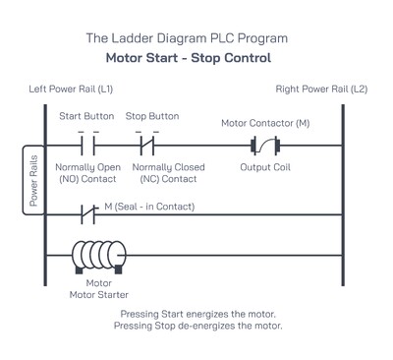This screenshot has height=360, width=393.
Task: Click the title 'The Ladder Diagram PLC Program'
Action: click(x=187, y=38)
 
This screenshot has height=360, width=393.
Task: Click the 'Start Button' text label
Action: click(x=87, y=116)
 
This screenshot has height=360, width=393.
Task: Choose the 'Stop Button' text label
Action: click(x=152, y=116)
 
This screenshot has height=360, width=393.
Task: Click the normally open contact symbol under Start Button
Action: click(x=87, y=148)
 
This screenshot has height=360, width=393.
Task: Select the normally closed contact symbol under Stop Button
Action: click(x=148, y=148)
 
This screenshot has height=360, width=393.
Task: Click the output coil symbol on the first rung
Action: click(x=265, y=148)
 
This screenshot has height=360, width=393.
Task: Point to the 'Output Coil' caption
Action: click(x=265, y=167)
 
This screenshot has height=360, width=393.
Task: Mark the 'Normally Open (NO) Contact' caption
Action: click(x=87, y=173)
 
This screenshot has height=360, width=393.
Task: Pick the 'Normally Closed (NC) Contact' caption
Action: click(x=168, y=173)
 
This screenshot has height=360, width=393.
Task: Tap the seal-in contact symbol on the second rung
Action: click(x=87, y=212)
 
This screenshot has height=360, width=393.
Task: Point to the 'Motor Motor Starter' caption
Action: click(x=97, y=288)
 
